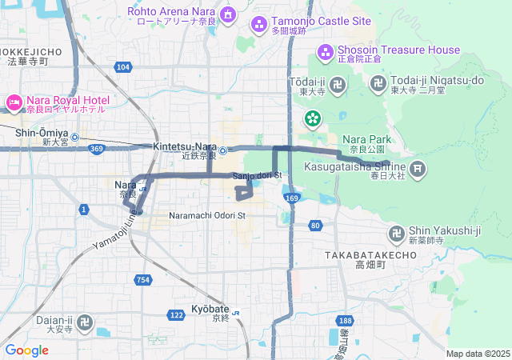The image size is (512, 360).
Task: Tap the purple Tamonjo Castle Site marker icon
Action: pos(258,24)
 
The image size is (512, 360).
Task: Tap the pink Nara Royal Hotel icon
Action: pos(14,102)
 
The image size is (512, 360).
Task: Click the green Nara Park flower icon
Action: pos(312,120)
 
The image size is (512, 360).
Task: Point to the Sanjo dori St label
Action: pos(258,175)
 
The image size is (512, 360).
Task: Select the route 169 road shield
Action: pos(292,198)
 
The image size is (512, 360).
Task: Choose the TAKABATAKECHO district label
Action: pos(370,254)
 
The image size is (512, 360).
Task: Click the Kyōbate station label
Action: pos(210,309)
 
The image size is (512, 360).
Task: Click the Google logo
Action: pos(26,350)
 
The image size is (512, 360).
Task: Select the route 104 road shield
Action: pos(122,67)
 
